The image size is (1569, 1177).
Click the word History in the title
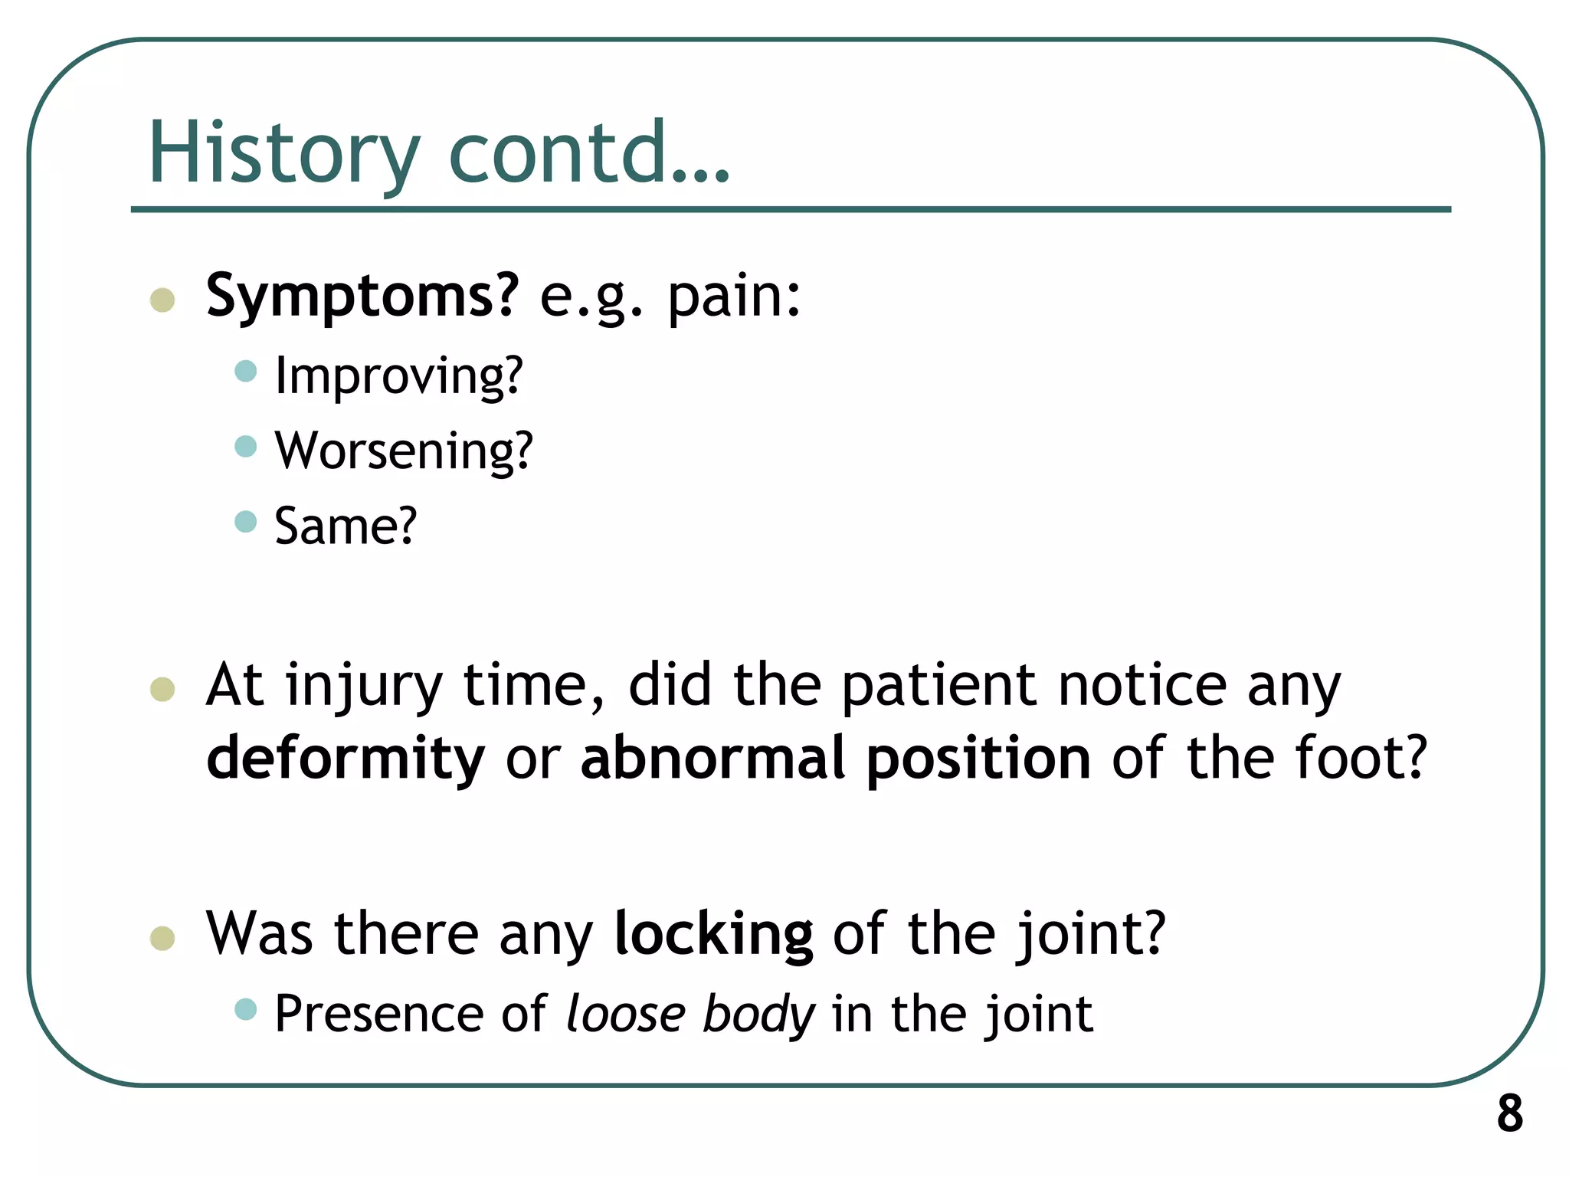pyautogui.click(x=284, y=153)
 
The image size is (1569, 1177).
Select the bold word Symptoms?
pyautogui.click(x=362, y=296)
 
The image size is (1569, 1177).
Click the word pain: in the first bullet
pyautogui.click(x=734, y=297)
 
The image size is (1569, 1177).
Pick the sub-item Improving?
pyautogui.click(x=398, y=376)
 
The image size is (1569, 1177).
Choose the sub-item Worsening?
pyautogui.click(x=404, y=451)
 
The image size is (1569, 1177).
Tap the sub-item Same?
pyautogui.click(x=346, y=526)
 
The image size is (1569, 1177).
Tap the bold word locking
pyautogui.click(x=713, y=934)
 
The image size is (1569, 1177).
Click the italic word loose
pyautogui.click(x=626, y=1015)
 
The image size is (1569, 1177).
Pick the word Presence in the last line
pyautogui.click(x=379, y=1015)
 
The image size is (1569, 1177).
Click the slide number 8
pyautogui.click(x=1509, y=1113)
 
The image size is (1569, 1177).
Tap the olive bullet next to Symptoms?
pyautogui.click(x=162, y=300)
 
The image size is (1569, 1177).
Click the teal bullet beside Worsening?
pyautogui.click(x=245, y=446)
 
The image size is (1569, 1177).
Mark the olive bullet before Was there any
pyautogui.click(x=162, y=938)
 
